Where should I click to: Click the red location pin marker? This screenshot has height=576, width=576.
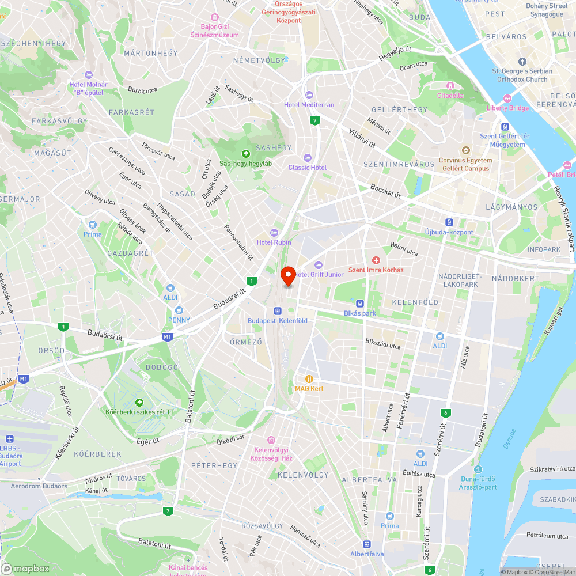click(287, 276)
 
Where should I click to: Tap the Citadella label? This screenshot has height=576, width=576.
click(450, 95)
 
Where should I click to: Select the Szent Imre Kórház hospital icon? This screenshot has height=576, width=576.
click(376, 261)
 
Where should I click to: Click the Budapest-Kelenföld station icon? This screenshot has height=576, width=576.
click(277, 311)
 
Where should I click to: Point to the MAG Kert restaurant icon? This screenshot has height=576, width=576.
click(309, 379)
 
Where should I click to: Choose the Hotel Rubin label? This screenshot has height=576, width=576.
click(274, 242)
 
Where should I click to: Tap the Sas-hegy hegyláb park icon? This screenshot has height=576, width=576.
click(246, 153)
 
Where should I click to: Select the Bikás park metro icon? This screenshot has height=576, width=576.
click(360, 304)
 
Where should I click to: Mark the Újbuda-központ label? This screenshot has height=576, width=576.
click(449, 232)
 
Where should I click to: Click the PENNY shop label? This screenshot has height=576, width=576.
click(179, 320)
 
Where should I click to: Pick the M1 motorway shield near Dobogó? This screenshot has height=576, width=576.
click(168, 336)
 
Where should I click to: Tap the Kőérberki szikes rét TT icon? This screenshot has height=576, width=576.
click(139, 402)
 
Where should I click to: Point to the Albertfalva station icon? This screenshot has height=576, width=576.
click(367, 544)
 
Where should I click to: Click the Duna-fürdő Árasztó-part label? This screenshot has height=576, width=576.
click(479, 483)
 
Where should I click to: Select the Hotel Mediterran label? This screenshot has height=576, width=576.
click(309, 105)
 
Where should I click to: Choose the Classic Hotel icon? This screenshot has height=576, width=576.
click(307, 158)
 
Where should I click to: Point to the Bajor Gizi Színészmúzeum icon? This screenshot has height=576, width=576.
click(215, 18)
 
